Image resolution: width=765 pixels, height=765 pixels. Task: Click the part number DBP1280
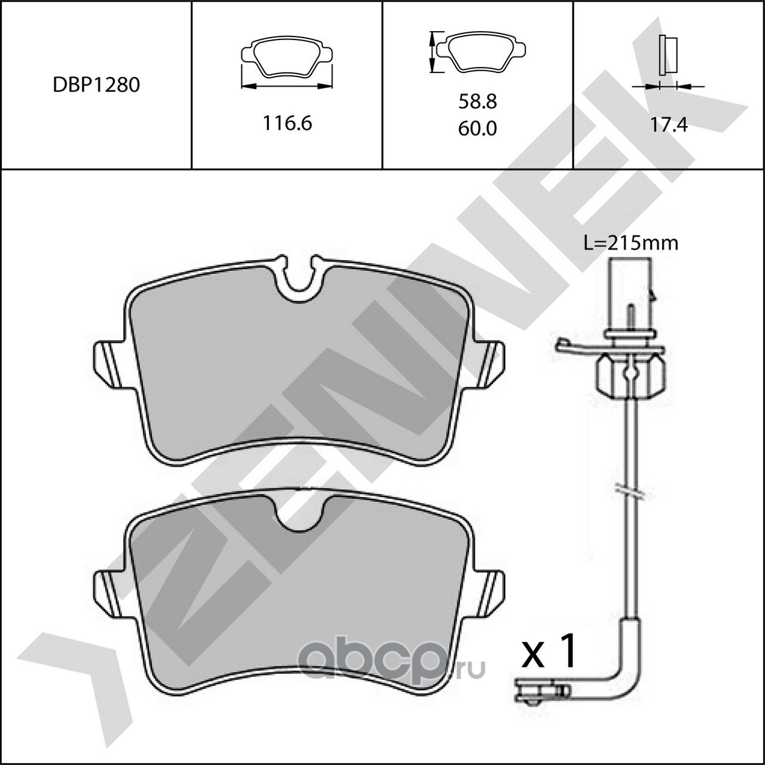point(96,85)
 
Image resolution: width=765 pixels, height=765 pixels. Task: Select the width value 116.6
point(287,123)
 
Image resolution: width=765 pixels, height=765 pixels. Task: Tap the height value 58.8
point(478,102)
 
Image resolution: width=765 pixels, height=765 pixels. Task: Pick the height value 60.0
point(478,128)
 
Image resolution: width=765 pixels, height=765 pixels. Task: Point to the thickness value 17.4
point(669,125)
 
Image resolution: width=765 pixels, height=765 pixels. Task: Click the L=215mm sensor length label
point(631,243)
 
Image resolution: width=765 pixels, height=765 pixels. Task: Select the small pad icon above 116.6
point(286,58)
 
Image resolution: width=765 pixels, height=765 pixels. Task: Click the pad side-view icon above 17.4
point(668,55)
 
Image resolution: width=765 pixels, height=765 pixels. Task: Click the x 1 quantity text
point(549,653)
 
